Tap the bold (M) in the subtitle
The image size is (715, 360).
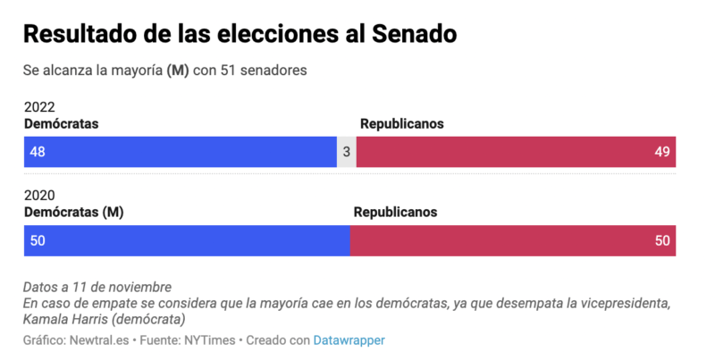pos(178,71)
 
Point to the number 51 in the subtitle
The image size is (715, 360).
pos(228,71)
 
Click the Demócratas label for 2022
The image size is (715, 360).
pos(61,124)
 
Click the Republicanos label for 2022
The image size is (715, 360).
pos(401,124)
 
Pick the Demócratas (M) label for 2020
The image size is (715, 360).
pos(72,213)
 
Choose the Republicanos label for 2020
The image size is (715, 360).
pos(395,213)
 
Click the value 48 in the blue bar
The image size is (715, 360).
pos(38,152)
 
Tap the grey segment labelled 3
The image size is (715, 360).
pos(346,152)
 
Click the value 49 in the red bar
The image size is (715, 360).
pos(661,152)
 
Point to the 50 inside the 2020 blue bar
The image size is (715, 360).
pos(38,240)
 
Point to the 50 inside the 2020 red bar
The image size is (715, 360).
pos(661,240)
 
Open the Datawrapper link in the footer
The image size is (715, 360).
pos(349,340)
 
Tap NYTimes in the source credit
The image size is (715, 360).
pos(207,340)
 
